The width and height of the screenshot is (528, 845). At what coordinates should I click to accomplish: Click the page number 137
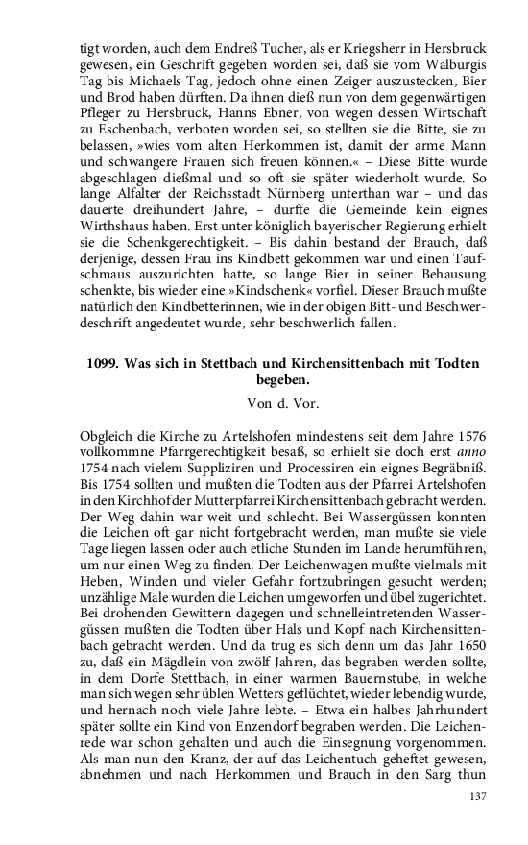coord(476,796)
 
